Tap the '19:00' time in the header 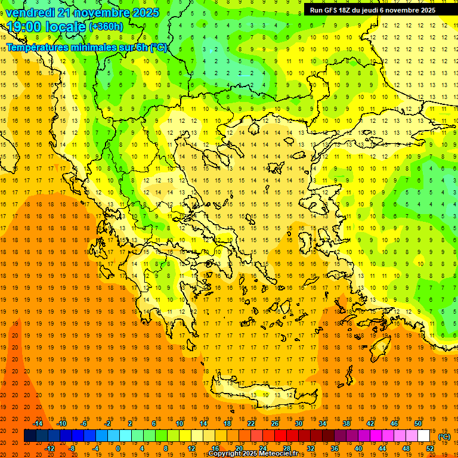[24, 27]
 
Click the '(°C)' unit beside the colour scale [444, 437]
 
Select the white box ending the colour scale [423, 436]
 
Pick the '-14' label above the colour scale [38, 423]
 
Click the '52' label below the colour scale [431, 448]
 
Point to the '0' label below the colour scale [117, 448]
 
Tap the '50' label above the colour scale [417, 423]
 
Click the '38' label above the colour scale [346, 423]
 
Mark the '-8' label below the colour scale [72, 448]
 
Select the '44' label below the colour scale [382, 448]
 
